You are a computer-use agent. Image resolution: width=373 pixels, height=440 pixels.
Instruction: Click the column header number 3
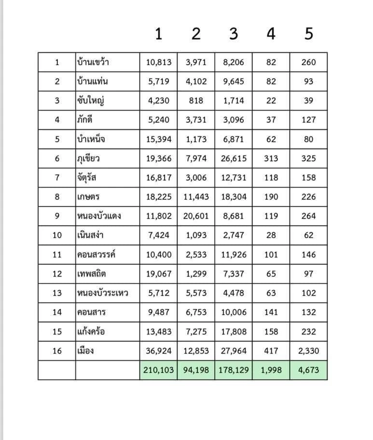coord(234,34)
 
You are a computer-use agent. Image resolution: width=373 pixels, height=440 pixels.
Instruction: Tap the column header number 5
coord(309,34)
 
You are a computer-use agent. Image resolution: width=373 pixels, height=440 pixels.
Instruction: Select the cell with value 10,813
coord(159,62)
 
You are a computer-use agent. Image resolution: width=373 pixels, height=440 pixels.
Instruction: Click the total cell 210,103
coord(159,370)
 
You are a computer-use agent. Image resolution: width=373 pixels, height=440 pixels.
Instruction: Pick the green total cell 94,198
coord(196,370)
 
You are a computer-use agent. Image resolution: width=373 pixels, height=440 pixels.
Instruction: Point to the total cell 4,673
coord(309,370)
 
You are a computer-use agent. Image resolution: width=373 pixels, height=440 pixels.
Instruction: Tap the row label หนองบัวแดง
coord(98,216)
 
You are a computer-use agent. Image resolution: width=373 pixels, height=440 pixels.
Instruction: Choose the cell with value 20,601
coord(196,216)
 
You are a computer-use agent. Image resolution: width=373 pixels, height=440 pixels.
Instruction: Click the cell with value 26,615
coord(234,159)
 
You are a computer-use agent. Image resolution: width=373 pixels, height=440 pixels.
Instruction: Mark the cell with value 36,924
coord(159,351)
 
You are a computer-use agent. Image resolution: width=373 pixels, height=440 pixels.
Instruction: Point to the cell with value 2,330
coord(309,351)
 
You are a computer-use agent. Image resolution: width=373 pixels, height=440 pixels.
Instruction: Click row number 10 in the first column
coord(57,235)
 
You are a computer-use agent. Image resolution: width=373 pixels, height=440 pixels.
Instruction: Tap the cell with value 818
coord(196,101)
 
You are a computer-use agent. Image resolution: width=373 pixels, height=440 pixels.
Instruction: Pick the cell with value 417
coord(271,351)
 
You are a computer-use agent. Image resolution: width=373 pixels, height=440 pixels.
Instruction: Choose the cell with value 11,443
coord(196,197)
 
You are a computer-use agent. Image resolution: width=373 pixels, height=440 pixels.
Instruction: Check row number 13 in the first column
coord(57,293)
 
